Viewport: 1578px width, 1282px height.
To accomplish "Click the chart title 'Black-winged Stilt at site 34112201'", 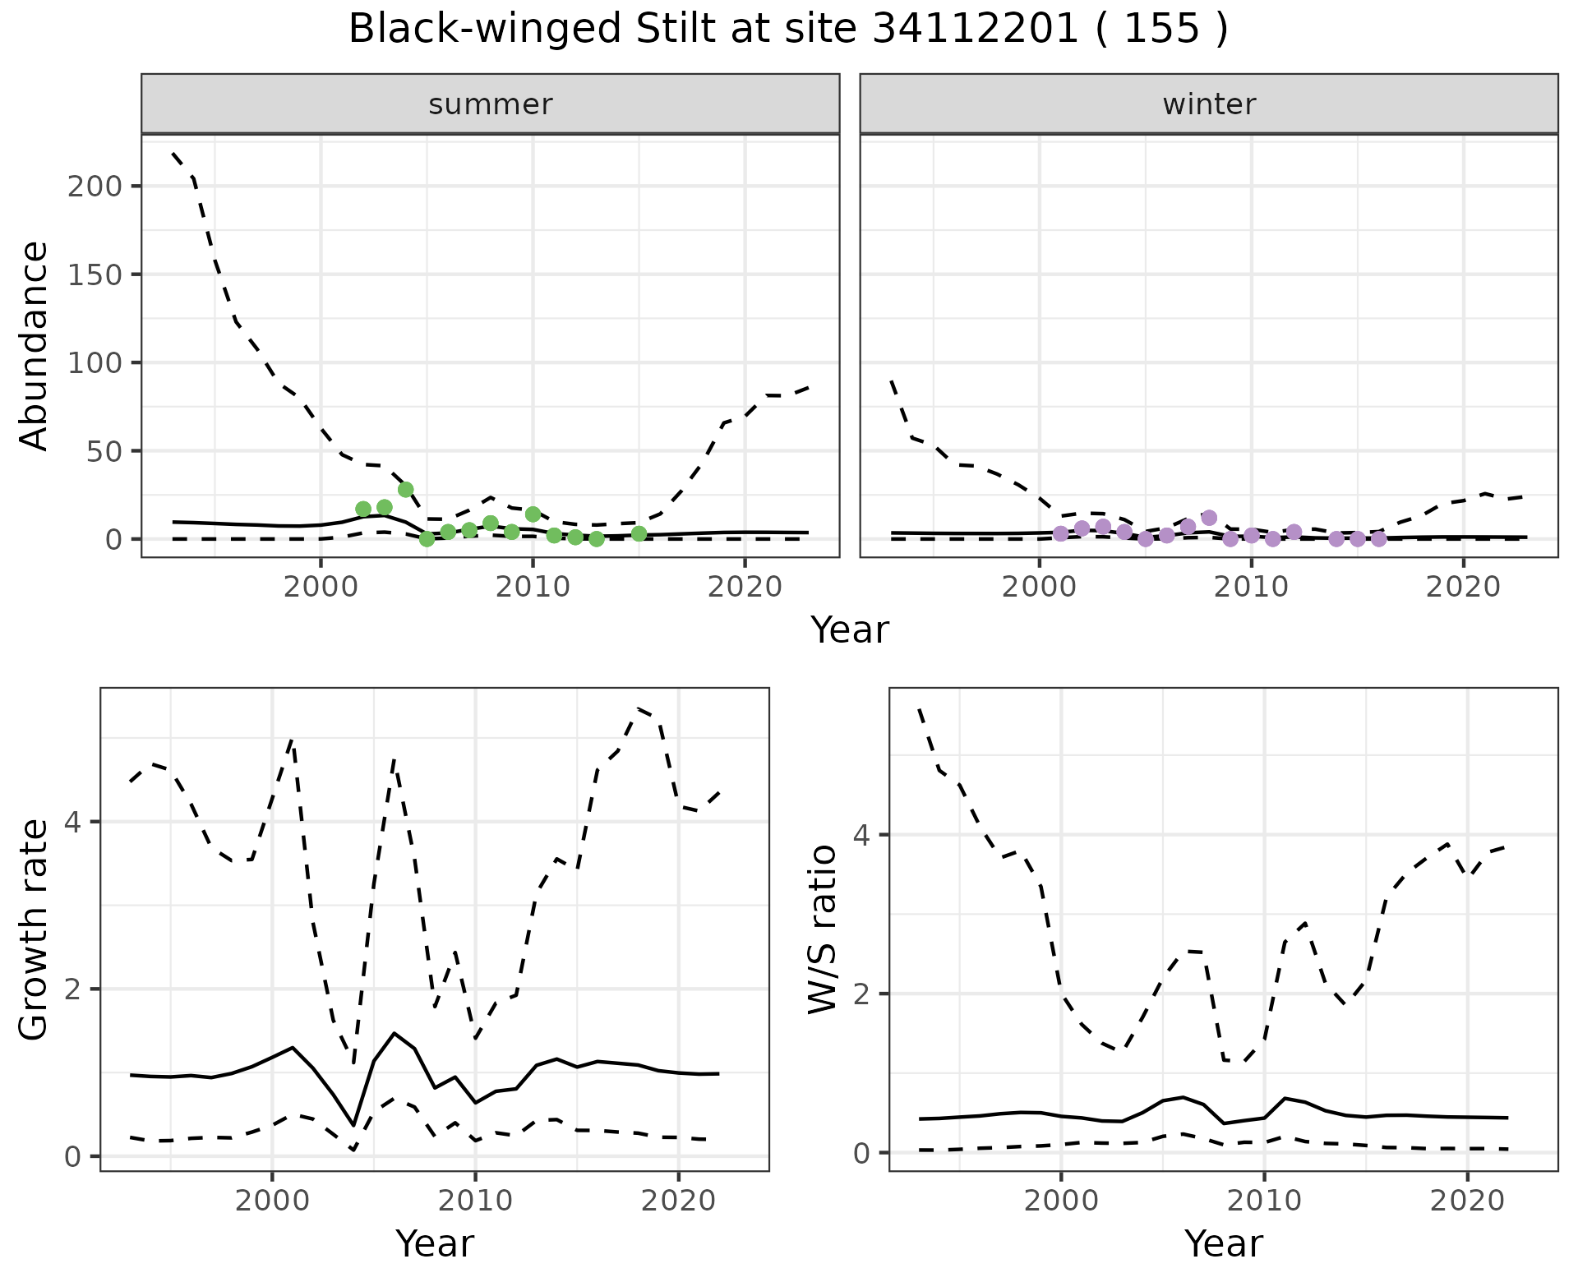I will (x=787, y=30).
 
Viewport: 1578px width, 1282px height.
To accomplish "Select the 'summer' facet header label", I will (x=491, y=104).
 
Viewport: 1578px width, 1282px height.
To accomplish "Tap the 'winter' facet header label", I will (x=1209, y=104).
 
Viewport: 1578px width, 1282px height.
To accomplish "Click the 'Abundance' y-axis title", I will (x=35, y=346).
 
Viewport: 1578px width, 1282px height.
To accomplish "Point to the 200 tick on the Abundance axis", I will (x=94, y=186).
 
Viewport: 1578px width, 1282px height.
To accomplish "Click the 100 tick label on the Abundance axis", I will (x=94, y=362).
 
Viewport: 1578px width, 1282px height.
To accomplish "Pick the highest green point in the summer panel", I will (x=405, y=489).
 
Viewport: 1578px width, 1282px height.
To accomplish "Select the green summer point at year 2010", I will (x=533, y=514).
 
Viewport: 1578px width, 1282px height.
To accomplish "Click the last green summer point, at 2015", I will (x=639, y=533).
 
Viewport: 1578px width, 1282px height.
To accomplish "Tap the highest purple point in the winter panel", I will (x=1209, y=518).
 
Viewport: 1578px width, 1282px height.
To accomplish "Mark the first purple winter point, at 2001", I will (x=1060, y=533).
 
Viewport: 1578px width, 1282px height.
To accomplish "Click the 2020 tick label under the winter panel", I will (x=1463, y=587).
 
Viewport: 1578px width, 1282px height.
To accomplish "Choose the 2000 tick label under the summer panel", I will (x=321, y=587).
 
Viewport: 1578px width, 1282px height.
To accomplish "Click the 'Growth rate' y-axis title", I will (x=35, y=931).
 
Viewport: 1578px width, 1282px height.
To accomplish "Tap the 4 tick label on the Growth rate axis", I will (x=73, y=822).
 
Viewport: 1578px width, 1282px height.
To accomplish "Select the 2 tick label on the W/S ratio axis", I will (x=861, y=994).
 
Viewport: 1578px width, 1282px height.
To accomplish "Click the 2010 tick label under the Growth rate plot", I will (x=474, y=1201).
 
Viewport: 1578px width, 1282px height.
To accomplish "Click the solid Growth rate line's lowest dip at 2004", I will (x=353, y=1125).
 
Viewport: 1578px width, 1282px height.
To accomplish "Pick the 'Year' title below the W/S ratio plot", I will (x=1223, y=1243).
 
